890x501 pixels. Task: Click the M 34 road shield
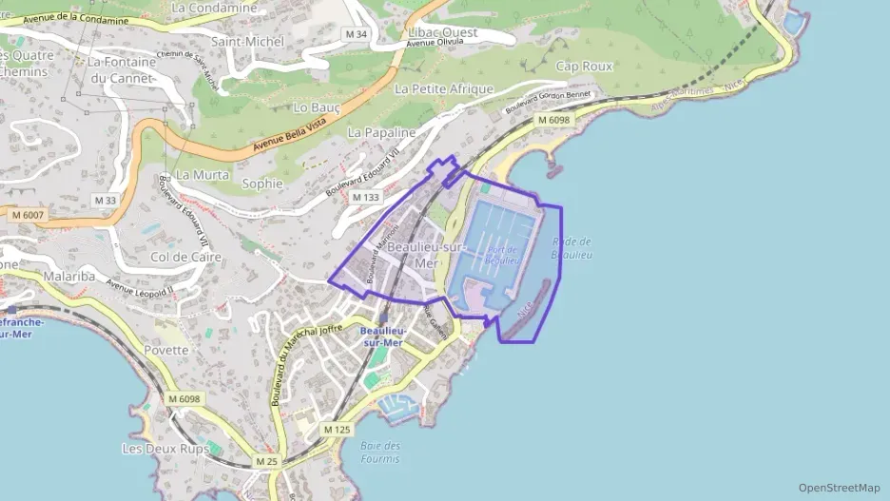coord(357,34)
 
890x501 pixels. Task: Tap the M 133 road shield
coord(365,197)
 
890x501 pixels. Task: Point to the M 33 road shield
coord(105,200)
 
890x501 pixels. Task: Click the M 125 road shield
coord(337,430)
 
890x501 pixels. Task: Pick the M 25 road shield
coord(266,461)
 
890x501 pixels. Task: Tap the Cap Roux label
coord(584,67)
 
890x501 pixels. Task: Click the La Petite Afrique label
coord(443,88)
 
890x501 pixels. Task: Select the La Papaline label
coord(381,132)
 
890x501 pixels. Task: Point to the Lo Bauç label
coord(318,108)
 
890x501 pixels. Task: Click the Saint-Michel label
coord(247,41)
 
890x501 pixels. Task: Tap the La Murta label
coord(203,175)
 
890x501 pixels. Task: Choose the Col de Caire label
coord(186,257)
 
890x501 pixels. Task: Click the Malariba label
coord(69,277)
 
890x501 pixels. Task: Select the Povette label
coord(167,350)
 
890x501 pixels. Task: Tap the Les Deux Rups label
coord(165,448)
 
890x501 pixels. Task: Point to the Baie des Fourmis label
coord(380,453)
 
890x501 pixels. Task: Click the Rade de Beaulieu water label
coord(572,248)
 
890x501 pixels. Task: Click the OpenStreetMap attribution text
coord(840,488)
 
